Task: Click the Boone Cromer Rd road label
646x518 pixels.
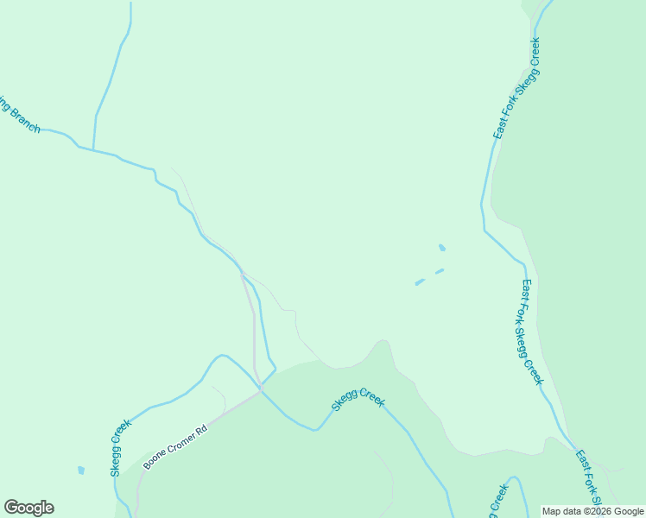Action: click(x=175, y=447)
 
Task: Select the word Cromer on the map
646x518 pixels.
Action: click(x=180, y=445)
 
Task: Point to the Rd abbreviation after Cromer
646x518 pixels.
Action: click(x=203, y=430)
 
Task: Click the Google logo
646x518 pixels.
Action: click(x=28, y=508)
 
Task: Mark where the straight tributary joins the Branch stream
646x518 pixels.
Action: click(x=93, y=149)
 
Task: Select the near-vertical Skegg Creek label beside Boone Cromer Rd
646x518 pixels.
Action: click(x=120, y=448)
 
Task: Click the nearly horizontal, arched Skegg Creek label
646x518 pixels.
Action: click(x=358, y=402)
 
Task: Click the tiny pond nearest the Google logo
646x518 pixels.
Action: click(x=80, y=471)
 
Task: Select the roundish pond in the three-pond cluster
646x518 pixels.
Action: click(x=442, y=248)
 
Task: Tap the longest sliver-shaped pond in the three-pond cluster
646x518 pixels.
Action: click(x=420, y=281)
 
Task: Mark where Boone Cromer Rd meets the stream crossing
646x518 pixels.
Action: click(x=261, y=391)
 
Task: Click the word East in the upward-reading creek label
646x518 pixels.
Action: click(x=500, y=129)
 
